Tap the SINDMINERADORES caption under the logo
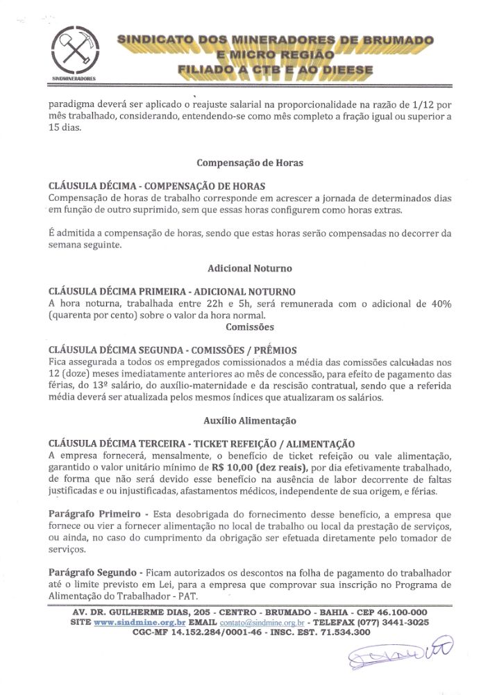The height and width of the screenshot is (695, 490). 74,79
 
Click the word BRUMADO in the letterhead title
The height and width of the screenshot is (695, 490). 394,40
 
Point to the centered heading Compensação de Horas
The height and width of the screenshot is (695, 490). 249,163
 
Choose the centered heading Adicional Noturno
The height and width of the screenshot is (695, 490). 249,268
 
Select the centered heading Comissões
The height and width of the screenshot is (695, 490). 249,327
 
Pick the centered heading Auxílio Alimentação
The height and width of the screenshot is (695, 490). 249,420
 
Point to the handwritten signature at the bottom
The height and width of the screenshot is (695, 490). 400,654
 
